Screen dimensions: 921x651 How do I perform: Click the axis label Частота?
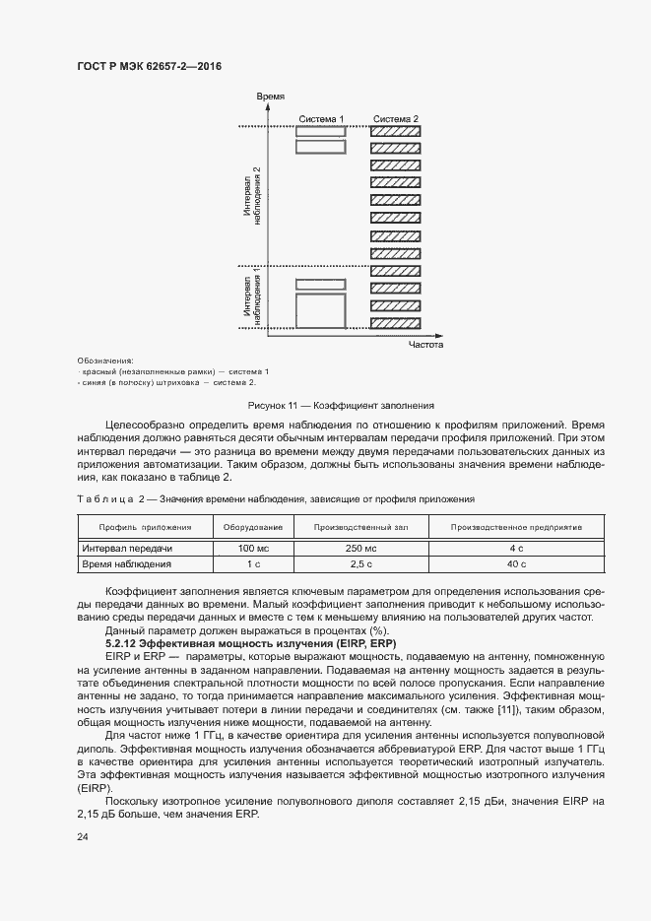(x=426, y=346)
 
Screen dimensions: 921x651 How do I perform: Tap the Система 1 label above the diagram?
(x=321, y=119)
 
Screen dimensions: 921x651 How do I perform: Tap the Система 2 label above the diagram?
(x=395, y=119)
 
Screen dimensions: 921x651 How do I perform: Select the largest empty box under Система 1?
(x=321, y=312)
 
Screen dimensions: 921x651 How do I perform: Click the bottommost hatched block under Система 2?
(x=395, y=322)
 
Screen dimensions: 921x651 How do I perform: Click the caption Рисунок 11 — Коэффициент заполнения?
(x=341, y=405)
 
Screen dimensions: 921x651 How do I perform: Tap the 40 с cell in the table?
(x=515, y=564)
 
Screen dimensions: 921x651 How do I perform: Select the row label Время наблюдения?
(x=127, y=564)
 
